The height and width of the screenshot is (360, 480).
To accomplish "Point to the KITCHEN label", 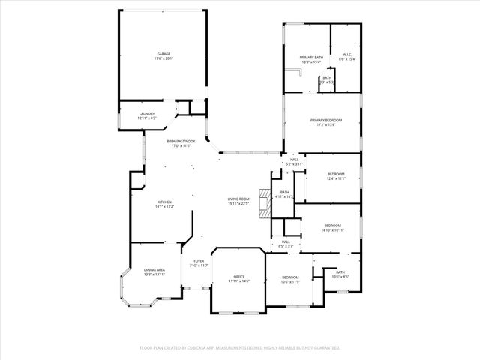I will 164,204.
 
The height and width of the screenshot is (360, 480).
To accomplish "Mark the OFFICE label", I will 239,278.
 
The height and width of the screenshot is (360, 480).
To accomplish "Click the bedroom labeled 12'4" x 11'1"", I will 335,176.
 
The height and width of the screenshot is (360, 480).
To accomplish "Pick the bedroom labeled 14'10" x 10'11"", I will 332,227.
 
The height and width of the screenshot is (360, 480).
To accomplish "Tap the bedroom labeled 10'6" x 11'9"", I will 290,279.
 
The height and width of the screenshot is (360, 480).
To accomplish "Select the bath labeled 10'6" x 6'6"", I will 340,274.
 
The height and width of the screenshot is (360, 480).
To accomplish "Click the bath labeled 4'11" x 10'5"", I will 285,194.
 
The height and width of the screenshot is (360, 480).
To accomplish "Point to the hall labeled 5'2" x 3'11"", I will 294,161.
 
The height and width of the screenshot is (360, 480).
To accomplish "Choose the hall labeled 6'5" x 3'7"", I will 286,244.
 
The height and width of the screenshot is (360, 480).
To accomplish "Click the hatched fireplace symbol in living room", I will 262,202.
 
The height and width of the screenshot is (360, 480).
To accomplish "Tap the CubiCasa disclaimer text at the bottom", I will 240,348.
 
